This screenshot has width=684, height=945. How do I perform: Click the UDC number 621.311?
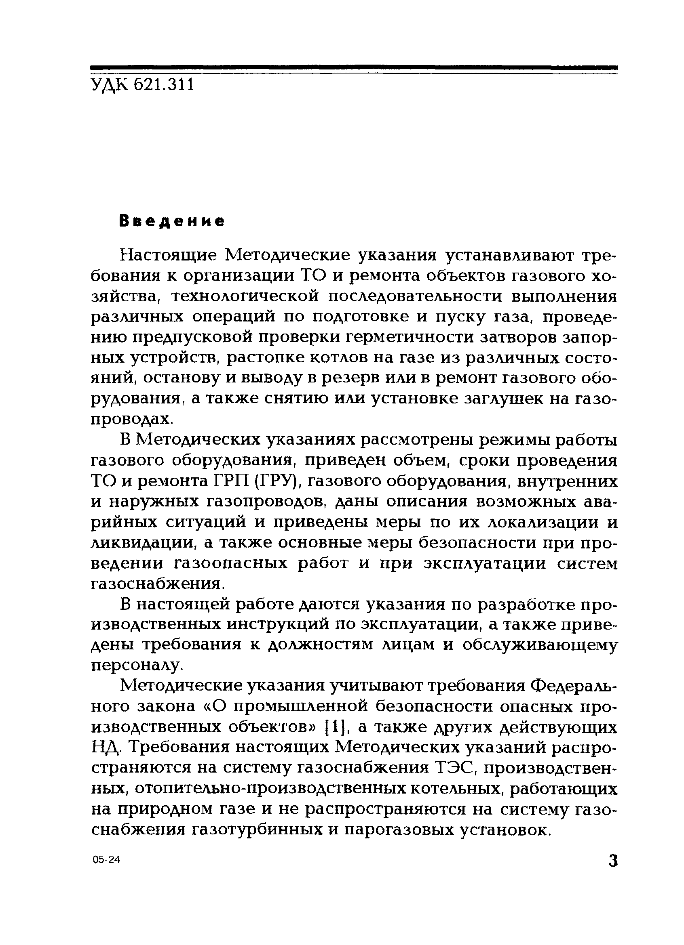pyautogui.click(x=164, y=86)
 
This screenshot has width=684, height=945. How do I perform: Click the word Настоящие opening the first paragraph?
pyautogui.click(x=169, y=255)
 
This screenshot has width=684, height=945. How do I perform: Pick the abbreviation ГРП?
pyautogui.click(x=228, y=481)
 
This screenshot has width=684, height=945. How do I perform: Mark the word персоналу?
pyautogui.click(x=137, y=665)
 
